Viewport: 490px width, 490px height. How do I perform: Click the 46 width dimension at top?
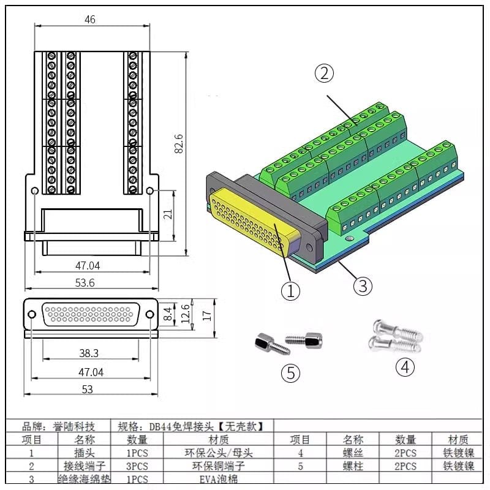(x=89, y=20)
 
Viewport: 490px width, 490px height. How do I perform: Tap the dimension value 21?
(x=168, y=214)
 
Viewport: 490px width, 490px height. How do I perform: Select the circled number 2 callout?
(x=324, y=73)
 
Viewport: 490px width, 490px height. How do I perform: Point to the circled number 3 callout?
(x=362, y=285)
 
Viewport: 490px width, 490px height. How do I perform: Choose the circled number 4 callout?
(x=405, y=367)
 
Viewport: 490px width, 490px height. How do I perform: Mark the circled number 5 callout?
(x=292, y=372)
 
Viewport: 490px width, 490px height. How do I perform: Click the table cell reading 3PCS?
(x=138, y=466)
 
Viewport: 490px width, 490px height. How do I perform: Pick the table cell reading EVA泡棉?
(x=218, y=479)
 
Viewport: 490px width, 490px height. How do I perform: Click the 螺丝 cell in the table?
(x=353, y=453)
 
